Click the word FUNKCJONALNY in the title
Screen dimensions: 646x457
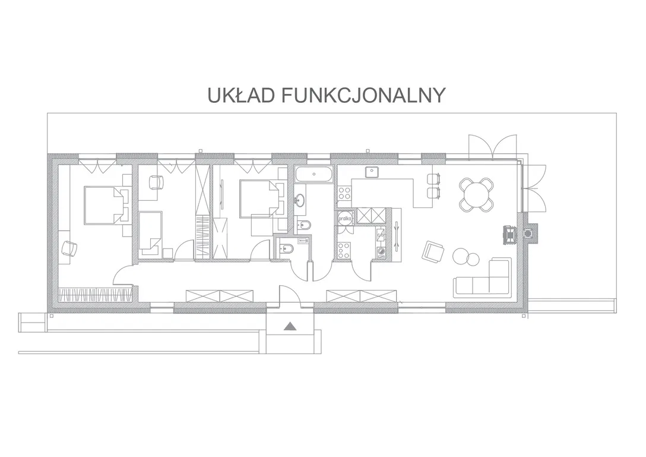pos(364,95)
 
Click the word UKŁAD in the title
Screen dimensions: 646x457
pos(241,95)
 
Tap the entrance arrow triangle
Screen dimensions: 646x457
pos(290,326)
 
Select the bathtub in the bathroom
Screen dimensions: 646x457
pos(313,174)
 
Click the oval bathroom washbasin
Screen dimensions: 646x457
pos(299,201)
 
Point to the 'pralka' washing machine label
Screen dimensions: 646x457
pos(344,219)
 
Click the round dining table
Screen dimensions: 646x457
pos(476,194)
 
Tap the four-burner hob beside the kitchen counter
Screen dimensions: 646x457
pos(344,194)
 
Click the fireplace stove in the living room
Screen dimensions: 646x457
pos(509,234)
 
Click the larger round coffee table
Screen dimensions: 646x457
pos(461,256)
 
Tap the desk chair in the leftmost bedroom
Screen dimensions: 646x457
pos(69,249)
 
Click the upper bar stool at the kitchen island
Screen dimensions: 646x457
pos(434,179)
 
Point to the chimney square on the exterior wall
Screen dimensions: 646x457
pos(527,234)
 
